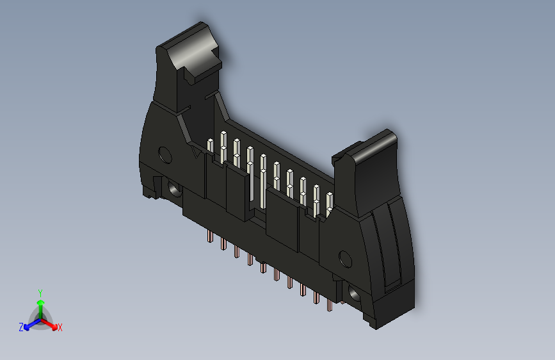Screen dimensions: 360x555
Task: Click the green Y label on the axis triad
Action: point(40,292)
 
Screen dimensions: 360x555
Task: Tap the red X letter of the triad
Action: point(60,327)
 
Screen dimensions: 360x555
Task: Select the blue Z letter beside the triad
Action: point(21,327)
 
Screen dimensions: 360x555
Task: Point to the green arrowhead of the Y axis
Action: point(40,301)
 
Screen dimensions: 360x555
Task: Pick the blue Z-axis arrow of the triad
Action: point(29,323)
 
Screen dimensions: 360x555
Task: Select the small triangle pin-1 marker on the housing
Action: point(196,152)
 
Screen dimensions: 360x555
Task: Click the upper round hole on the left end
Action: point(165,154)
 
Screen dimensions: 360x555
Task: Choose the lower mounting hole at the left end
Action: point(173,189)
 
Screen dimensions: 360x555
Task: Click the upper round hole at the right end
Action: point(345,259)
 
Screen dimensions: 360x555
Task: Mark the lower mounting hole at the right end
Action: point(354,293)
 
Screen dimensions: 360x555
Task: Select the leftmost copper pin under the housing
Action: point(210,238)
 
